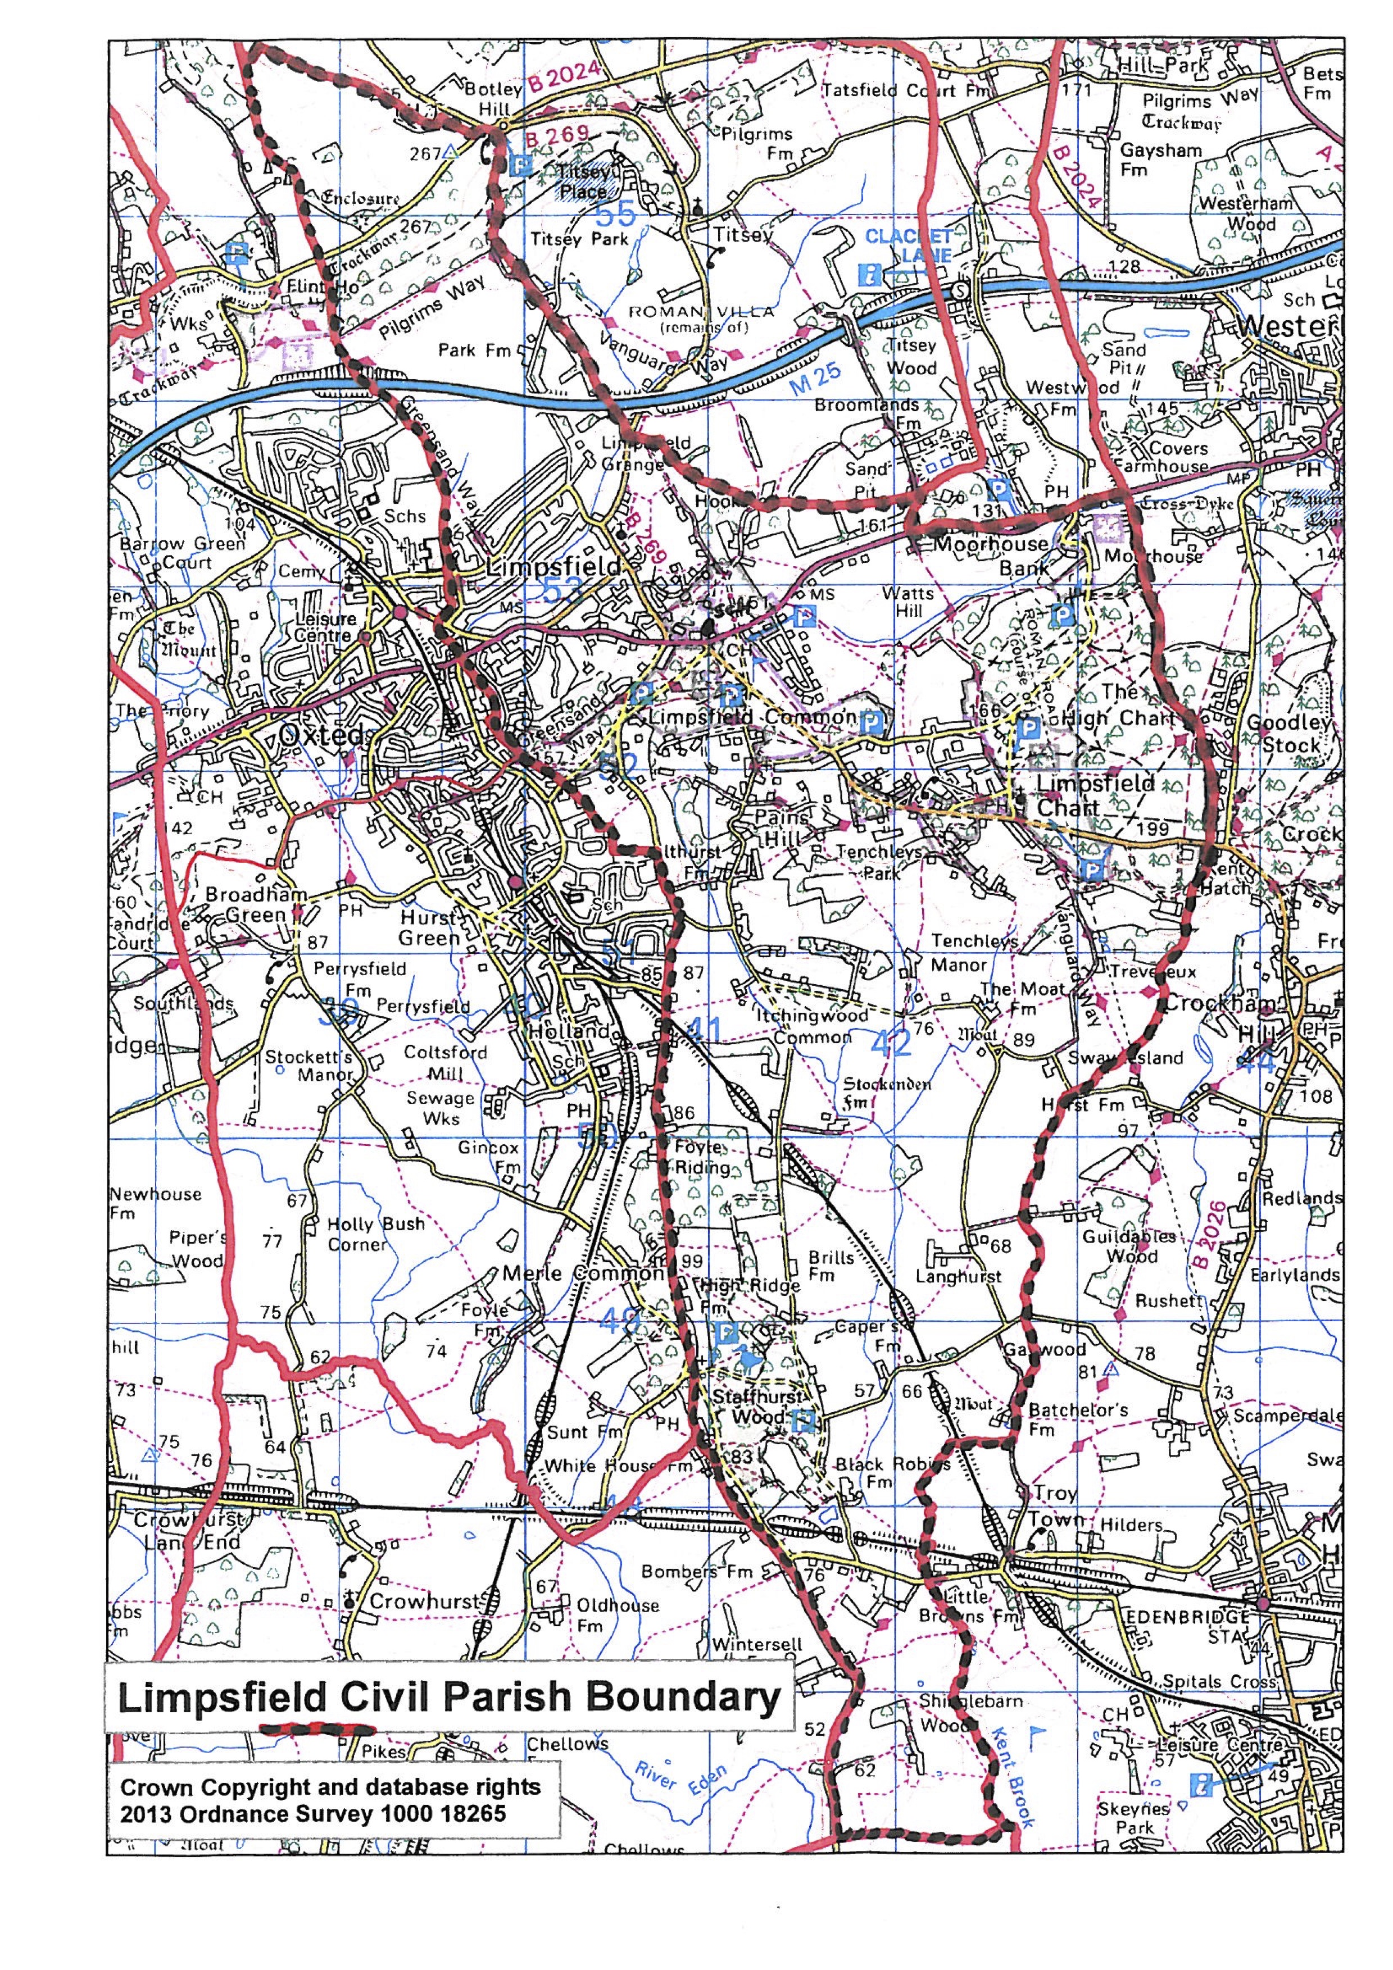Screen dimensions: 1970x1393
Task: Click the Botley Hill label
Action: click(x=493, y=99)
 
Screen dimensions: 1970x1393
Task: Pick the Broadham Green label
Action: click(x=256, y=904)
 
